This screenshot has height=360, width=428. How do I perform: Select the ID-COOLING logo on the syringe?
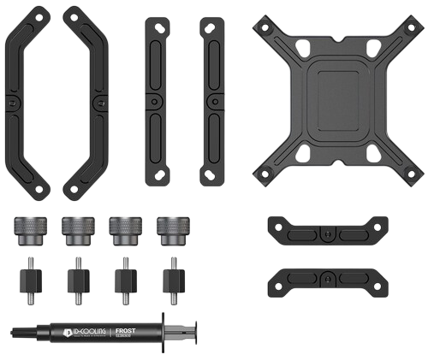(x=87, y=331)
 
